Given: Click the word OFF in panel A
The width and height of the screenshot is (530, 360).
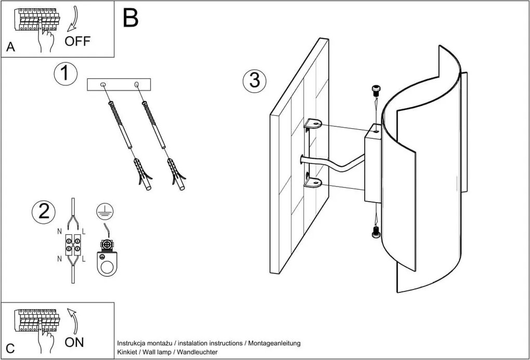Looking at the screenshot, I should [77, 41].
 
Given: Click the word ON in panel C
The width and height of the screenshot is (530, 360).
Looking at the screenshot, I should [74, 342].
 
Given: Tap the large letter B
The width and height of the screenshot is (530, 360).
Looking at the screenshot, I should [131, 18].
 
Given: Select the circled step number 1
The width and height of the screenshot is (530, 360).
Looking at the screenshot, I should [65, 73].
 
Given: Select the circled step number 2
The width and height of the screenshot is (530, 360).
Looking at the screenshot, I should [43, 211].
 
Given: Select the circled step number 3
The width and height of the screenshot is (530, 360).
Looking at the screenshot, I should [254, 81].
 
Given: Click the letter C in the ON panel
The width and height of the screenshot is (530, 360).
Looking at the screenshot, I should [10, 348].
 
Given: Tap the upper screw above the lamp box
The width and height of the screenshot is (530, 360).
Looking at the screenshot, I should [376, 90].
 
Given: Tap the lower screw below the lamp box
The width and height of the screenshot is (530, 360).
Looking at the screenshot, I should [376, 234].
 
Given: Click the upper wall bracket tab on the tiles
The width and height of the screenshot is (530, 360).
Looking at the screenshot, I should [313, 124].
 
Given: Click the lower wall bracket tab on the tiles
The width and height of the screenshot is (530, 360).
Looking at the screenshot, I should [313, 182].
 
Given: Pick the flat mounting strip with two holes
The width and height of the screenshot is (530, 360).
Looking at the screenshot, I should [118, 85].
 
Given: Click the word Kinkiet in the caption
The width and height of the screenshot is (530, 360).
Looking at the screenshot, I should [128, 352].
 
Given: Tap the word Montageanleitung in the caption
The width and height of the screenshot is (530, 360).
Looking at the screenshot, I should [274, 343].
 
